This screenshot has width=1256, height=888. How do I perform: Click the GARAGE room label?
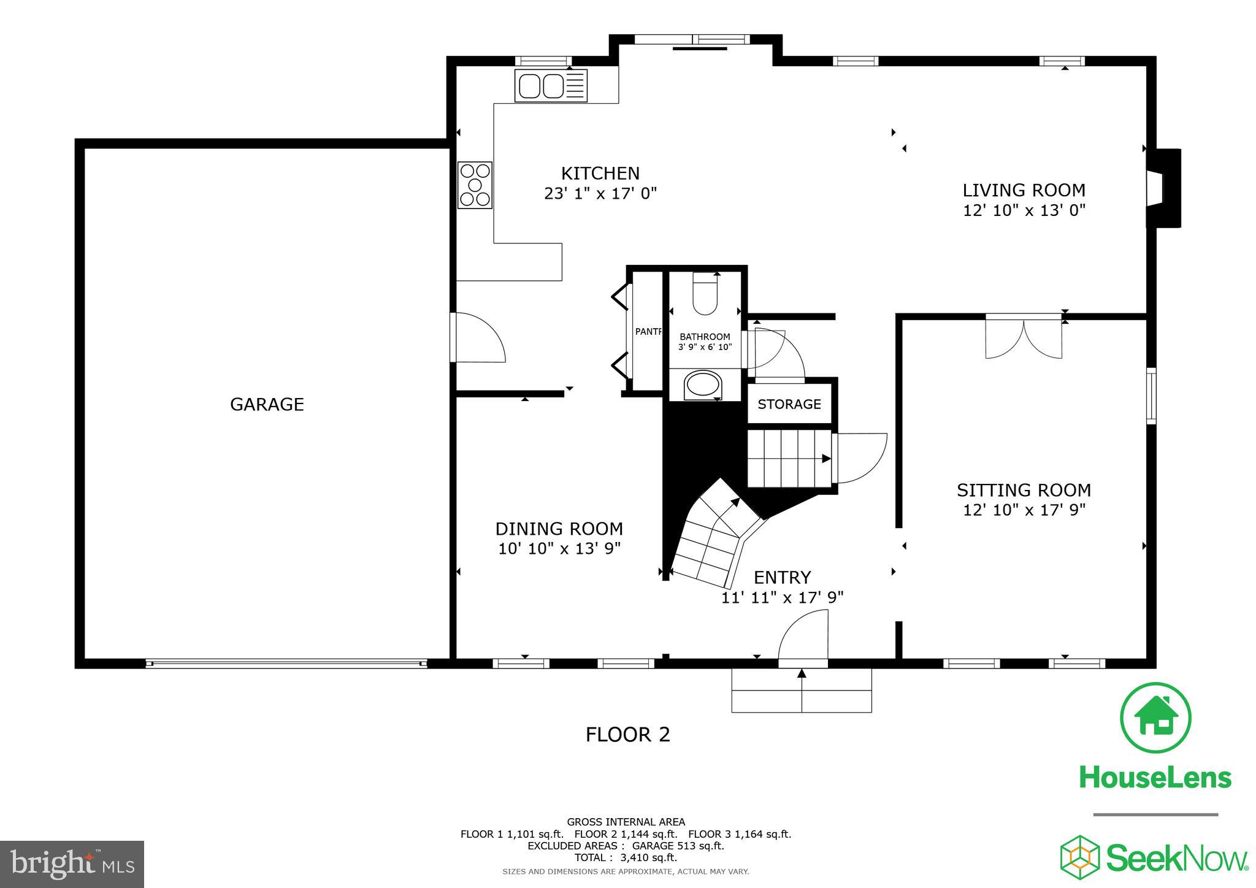click(x=267, y=404)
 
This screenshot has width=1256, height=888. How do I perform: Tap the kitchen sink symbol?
click(x=550, y=85)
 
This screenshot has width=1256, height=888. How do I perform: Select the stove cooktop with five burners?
click(x=475, y=185)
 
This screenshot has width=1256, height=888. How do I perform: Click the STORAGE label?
click(x=789, y=404)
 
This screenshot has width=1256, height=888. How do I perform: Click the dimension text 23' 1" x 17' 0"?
click(x=600, y=194)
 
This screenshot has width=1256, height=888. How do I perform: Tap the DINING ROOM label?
click(x=559, y=529)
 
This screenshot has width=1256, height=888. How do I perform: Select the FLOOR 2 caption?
click(x=627, y=734)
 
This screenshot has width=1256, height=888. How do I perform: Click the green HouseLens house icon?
click(x=1155, y=717)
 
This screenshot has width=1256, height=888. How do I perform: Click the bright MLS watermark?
click(x=72, y=864)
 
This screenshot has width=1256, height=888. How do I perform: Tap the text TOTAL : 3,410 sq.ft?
click(x=626, y=857)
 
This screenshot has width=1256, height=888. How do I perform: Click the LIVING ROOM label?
click(x=1024, y=190)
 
